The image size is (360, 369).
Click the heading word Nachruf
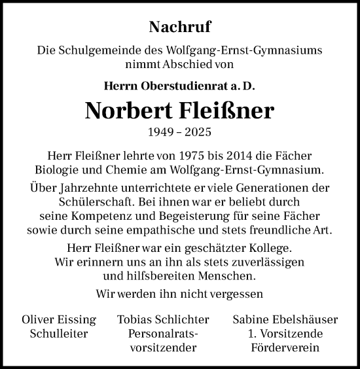180,27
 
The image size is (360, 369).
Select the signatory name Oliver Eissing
59,320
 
